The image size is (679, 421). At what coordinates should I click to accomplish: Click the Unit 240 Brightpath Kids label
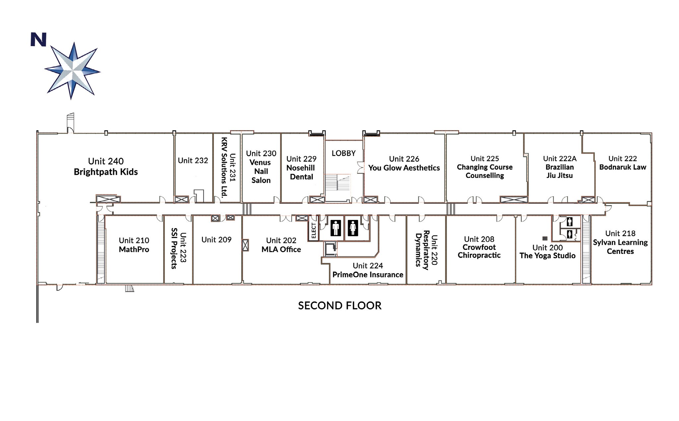point(106,167)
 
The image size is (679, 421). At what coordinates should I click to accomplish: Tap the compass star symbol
point(72,70)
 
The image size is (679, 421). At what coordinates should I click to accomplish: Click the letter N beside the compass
point(38,39)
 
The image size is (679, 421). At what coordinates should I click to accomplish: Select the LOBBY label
point(343,153)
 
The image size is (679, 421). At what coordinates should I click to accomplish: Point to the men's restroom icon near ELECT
point(336,228)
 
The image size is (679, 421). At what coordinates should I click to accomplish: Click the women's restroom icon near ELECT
point(353,228)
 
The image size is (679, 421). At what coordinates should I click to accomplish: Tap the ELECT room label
point(314,230)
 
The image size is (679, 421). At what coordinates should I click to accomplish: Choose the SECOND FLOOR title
point(339,306)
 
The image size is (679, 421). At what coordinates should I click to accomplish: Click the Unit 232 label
point(193,161)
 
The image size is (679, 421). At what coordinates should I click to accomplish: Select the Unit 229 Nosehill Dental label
point(301,168)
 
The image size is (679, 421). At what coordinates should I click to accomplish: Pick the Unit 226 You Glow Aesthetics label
point(404,164)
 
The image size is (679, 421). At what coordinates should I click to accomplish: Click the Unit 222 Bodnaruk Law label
point(622,163)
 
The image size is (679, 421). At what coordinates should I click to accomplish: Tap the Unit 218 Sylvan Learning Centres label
point(620,242)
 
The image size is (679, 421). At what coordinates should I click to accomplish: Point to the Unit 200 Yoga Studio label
point(547,251)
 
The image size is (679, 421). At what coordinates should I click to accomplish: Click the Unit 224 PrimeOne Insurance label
point(368,270)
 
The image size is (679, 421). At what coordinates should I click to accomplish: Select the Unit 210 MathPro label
point(134,245)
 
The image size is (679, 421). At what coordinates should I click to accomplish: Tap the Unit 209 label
point(216,240)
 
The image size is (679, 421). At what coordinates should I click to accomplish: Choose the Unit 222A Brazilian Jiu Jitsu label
point(560,167)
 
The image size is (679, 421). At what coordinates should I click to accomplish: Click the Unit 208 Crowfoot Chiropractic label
point(479,247)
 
